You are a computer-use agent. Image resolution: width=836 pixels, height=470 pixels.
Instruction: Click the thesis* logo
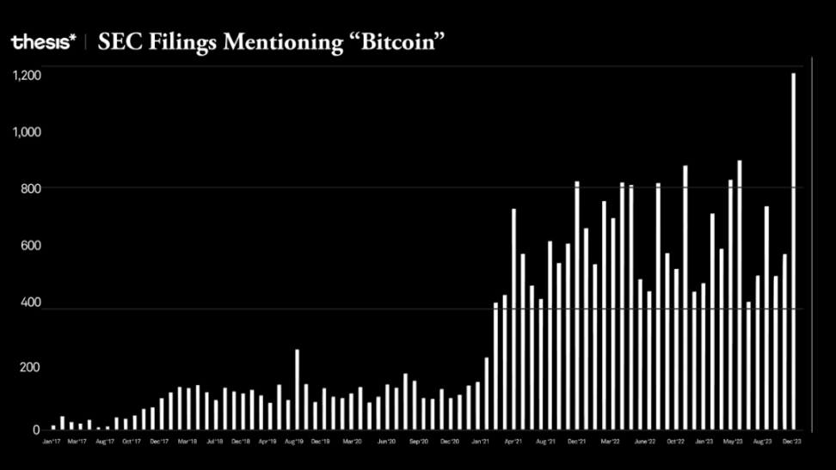click(43, 41)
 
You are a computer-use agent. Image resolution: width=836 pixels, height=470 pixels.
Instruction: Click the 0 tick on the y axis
click(36, 430)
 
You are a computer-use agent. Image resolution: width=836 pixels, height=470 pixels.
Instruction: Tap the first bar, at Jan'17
click(53, 427)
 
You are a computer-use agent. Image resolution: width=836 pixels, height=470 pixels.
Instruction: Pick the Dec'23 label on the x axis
click(793, 442)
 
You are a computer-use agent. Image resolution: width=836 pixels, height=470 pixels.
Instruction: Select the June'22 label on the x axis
click(645, 442)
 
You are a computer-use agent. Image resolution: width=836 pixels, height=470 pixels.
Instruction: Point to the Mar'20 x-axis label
click(353, 442)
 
